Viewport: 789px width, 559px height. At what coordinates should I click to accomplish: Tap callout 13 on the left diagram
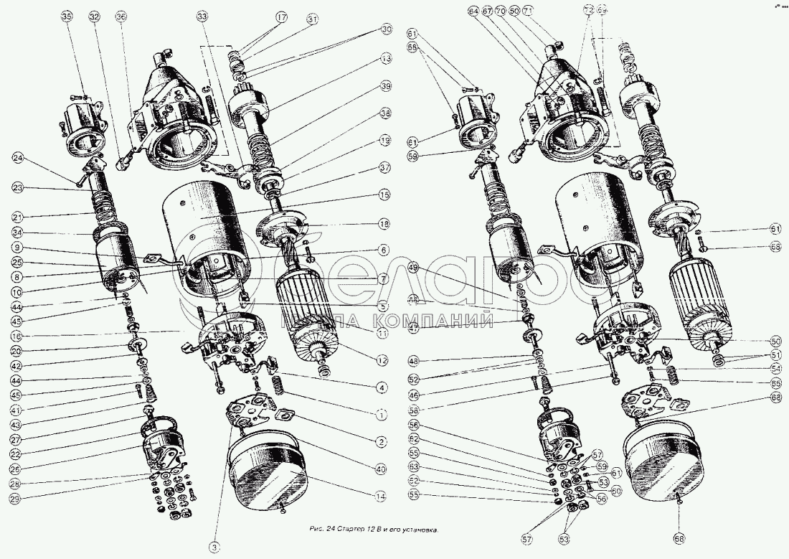tap(386, 58)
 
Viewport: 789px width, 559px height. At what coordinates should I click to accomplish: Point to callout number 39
tap(386, 85)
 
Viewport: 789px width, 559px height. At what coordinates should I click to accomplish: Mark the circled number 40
tap(381, 469)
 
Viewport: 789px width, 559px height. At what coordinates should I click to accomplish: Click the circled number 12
tap(383, 360)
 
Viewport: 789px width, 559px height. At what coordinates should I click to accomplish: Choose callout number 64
tap(473, 11)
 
